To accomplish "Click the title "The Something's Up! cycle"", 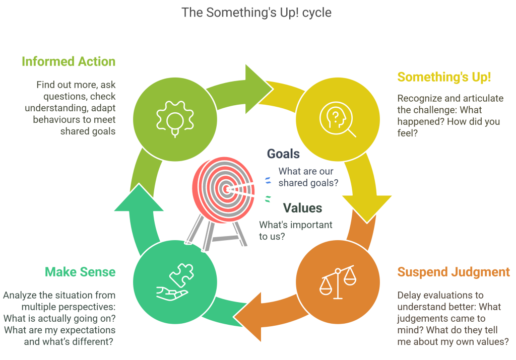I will [x=256, y=12].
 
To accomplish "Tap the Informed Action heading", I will [x=69, y=62].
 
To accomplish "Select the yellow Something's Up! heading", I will [x=444, y=77].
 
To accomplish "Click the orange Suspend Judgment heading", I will [x=454, y=272].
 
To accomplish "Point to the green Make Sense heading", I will [x=80, y=272].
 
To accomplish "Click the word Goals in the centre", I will [x=283, y=154].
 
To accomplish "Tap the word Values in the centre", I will [x=302, y=207].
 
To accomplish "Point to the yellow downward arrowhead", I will [x=367, y=206].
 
